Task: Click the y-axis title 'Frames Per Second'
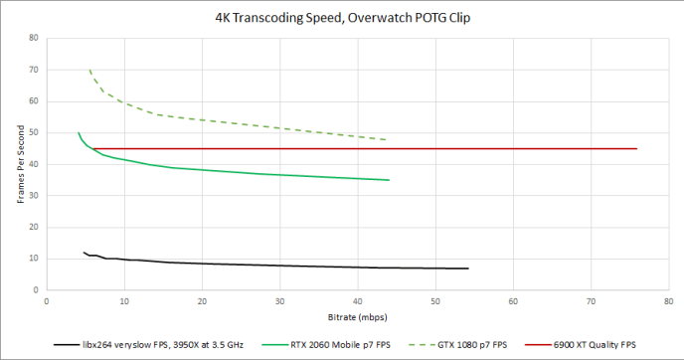pyautogui.click(x=19, y=164)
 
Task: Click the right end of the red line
pyautogui.click(x=636, y=148)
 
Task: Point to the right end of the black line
pyautogui.click(x=467, y=269)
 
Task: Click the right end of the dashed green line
pyautogui.click(x=387, y=140)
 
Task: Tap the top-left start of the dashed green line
pyautogui.click(x=89, y=71)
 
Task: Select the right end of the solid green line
pyautogui.click(x=389, y=180)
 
